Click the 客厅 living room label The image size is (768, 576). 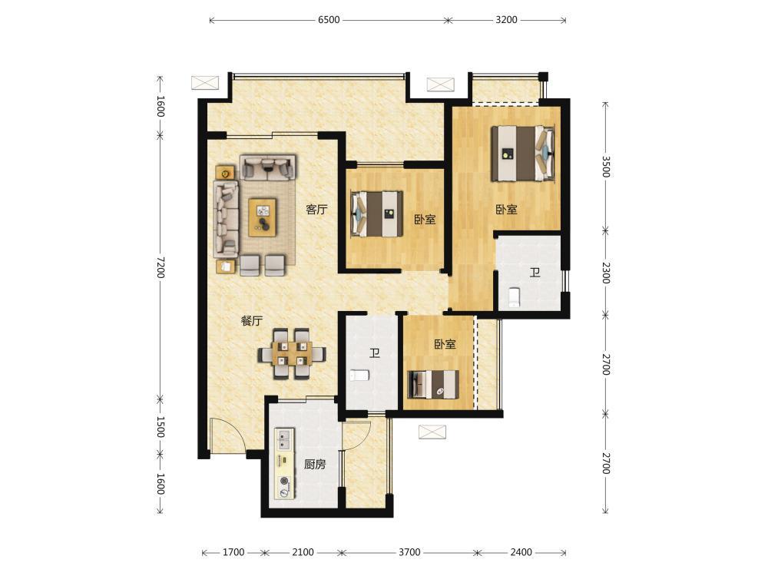click(x=316, y=210)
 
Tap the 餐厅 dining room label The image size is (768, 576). click(x=252, y=321)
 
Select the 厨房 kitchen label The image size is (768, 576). click(x=314, y=464)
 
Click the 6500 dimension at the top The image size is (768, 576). click(x=329, y=20)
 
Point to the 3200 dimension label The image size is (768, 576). click(x=506, y=20)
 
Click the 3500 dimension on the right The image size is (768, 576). click(x=606, y=167)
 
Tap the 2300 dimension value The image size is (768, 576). click(x=606, y=273)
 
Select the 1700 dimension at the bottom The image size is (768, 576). click(x=233, y=552)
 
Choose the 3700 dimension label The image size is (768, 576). click(x=409, y=552)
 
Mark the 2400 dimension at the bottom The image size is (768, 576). click(x=521, y=552)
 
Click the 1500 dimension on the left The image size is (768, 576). click(x=161, y=426)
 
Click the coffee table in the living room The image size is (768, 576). click(x=263, y=217)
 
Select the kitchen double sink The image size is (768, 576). click(x=284, y=439)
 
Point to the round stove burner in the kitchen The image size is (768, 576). click(x=283, y=481)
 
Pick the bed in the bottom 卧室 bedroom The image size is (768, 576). click(x=433, y=385)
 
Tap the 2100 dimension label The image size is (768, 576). click(x=303, y=552)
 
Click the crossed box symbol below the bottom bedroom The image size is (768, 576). click(x=432, y=432)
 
